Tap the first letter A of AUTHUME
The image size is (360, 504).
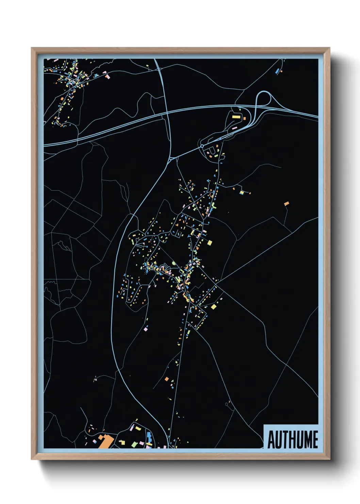[271, 440]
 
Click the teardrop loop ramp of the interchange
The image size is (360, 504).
[264, 98]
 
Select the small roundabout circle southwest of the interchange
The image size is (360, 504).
[202, 146]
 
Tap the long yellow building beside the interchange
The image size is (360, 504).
[236, 117]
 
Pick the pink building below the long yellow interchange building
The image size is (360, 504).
[234, 128]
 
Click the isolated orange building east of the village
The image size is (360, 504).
[287, 204]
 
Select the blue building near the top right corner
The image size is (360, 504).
[278, 71]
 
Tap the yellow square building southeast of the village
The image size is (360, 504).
[213, 307]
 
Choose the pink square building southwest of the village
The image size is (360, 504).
[146, 329]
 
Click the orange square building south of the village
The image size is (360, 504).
[166, 379]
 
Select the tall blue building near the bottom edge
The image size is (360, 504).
[149, 436]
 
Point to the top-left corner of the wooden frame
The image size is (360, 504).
[32, 48]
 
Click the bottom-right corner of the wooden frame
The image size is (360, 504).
[329, 459]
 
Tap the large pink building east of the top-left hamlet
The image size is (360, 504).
[108, 76]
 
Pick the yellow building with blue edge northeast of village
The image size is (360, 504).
[241, 192]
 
